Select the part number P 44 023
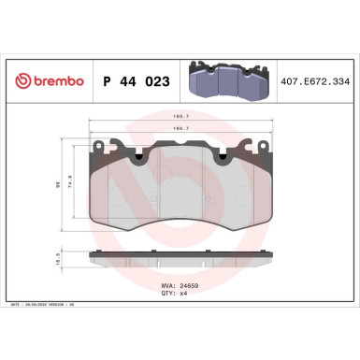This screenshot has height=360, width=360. click(132, 82)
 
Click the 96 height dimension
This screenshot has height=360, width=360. click(58, 183)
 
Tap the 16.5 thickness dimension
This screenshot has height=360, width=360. click(59, 264)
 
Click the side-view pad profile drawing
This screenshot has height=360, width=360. click(180, 259)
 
